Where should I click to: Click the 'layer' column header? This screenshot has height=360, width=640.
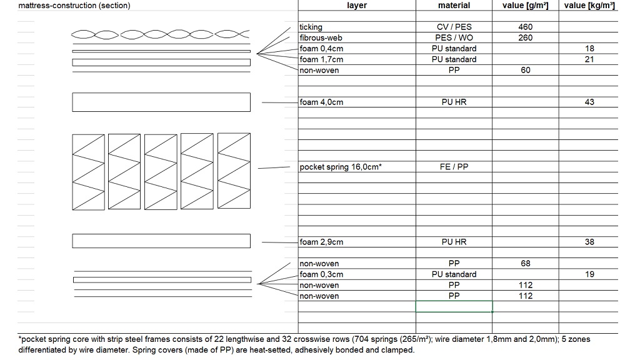[x=356, y=6]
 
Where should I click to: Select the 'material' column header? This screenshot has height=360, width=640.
[x=454, y=6]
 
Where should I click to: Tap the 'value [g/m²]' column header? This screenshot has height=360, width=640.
[x=525, y=6]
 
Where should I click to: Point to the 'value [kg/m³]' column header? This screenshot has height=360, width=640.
[x=589, y=6]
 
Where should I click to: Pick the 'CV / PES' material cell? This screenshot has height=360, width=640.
[x=454, y=27]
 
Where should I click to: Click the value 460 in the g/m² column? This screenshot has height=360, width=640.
[x=525, y=27]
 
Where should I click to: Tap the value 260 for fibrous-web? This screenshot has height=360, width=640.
[x=525, y=37]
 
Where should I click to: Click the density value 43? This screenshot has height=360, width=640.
[x=589, y=102]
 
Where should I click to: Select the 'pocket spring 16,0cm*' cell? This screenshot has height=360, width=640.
[x=341, y=167]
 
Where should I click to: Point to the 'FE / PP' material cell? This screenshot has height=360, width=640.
[x=454, y=167]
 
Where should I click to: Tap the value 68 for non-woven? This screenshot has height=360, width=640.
[x=525, y=264]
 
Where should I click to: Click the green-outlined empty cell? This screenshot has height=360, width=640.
[x=454, y=306]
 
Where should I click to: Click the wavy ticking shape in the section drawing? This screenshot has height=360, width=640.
[x=161, y=34]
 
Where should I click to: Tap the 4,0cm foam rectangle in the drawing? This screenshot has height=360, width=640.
[x=161, y=102]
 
